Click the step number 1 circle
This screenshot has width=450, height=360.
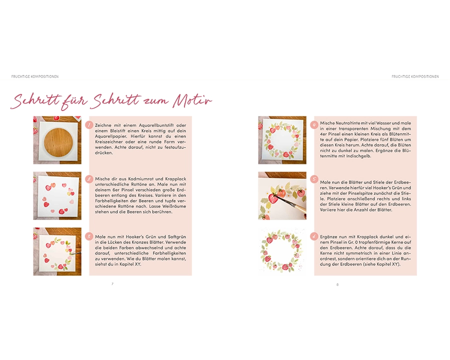click(89, 125)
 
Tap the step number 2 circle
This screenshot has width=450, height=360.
click(89, 179)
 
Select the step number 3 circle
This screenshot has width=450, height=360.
click(89, 236)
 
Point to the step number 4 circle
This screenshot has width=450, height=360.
click(314, 125)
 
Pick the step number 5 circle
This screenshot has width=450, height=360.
click(314, 179)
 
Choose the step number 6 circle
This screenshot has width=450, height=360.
click(314, 236)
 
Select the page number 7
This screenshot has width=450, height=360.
click(112, 283)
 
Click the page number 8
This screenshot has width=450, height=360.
click(337, 284)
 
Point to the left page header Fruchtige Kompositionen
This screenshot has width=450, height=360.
click(35, 76)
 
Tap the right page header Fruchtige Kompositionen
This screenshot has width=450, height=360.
click(415, 76)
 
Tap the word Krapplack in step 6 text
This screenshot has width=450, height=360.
click(367, 237)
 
